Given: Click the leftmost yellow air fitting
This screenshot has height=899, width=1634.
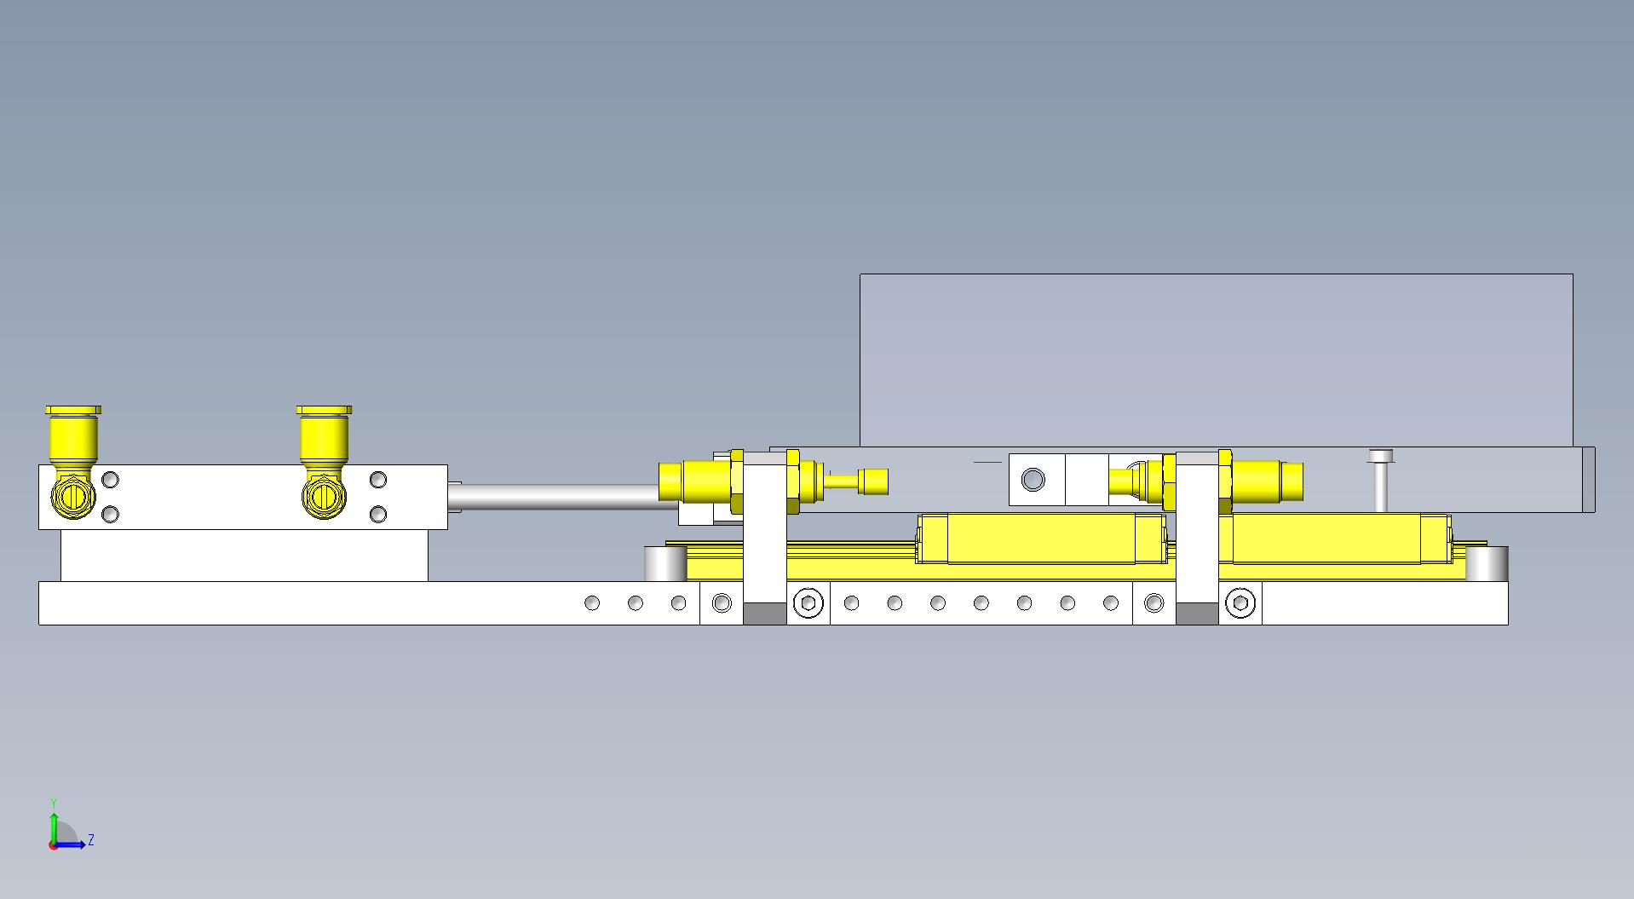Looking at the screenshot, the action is coord(72,460).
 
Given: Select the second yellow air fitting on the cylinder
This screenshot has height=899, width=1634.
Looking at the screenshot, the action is coord(324,460).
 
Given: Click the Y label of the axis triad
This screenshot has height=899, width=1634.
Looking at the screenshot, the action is coord(54,804).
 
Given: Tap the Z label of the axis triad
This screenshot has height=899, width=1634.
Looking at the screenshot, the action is coord(91,840).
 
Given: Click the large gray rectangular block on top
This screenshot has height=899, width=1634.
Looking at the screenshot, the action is coord(1216,360).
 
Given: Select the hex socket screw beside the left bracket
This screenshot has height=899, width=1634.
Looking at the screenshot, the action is coord(808,603).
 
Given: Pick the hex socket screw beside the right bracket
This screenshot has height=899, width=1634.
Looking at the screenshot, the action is coord(1240,603).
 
